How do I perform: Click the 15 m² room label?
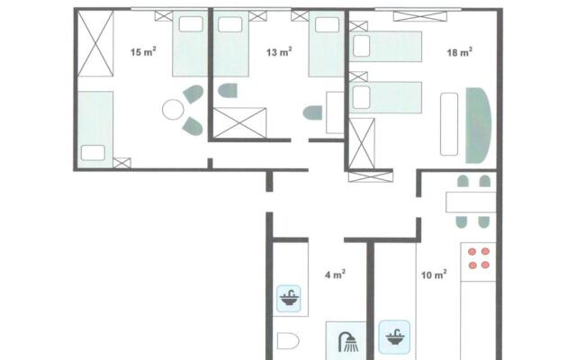tap(141, 53)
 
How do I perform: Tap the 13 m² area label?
tap(280, 53)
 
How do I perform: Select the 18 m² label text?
tap(460, 53)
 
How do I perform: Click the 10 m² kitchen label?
tap(434, 274)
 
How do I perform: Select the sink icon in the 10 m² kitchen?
tap(394, 335)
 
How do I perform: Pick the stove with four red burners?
tap(479, 258)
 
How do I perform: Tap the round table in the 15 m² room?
tap(172, 111)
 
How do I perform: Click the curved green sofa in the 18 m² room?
tap(479, 125)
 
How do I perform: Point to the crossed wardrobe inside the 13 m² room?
tap(239, 121)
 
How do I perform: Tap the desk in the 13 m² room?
tap(333, 112)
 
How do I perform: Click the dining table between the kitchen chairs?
tap(471, 202)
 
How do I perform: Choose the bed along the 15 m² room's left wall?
tap(94, 125)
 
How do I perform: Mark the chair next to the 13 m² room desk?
tap(313, 112)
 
